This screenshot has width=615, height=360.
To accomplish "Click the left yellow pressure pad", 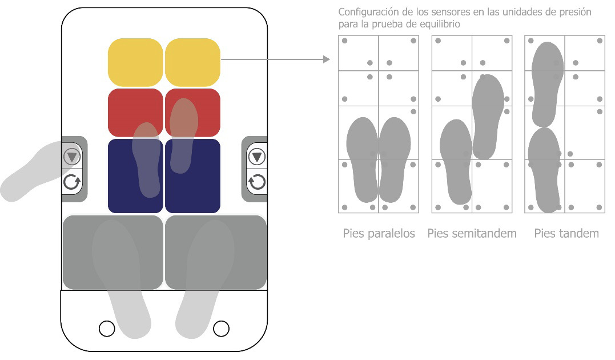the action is (135, 62).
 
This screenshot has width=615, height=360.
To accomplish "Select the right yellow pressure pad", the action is (192, 62).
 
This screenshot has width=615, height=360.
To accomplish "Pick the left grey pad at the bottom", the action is (112, 252).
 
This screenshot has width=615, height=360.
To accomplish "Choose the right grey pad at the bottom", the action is (215, 252).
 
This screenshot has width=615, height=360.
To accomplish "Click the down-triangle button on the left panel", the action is (72, 157).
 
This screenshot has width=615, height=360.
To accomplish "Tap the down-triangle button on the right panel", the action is (256, 157).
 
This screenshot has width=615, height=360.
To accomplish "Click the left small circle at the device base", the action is (107, 328).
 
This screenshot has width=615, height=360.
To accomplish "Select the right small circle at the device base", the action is (221, 328).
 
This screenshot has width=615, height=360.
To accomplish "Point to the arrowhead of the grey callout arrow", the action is (327, 59).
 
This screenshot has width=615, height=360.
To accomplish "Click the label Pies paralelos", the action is (379, 234).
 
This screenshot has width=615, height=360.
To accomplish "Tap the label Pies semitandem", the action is (472, 234).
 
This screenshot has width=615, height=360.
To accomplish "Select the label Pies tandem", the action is (566, 234).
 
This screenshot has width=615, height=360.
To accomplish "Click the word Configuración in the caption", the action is (365, 12).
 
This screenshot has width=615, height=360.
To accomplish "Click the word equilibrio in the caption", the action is (439, 25).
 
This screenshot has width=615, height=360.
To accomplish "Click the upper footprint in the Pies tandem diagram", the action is (547, 83).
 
